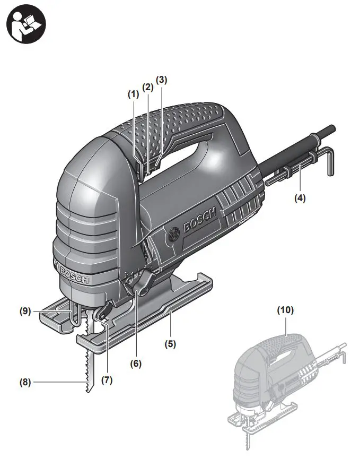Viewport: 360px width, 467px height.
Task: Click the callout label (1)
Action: tap(133, 94)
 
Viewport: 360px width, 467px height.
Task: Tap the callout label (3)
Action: tap(162, 80)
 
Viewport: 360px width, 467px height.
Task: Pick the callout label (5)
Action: tap(170, 343)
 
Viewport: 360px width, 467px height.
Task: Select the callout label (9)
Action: tap(25, 312)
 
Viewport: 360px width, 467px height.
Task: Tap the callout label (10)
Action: tap(285, 309)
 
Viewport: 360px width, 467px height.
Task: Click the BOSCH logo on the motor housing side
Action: tap(200, 220)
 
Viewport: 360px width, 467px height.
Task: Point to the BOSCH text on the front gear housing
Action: tap(75, 274)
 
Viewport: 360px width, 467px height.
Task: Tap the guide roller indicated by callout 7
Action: tap(98, 317)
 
